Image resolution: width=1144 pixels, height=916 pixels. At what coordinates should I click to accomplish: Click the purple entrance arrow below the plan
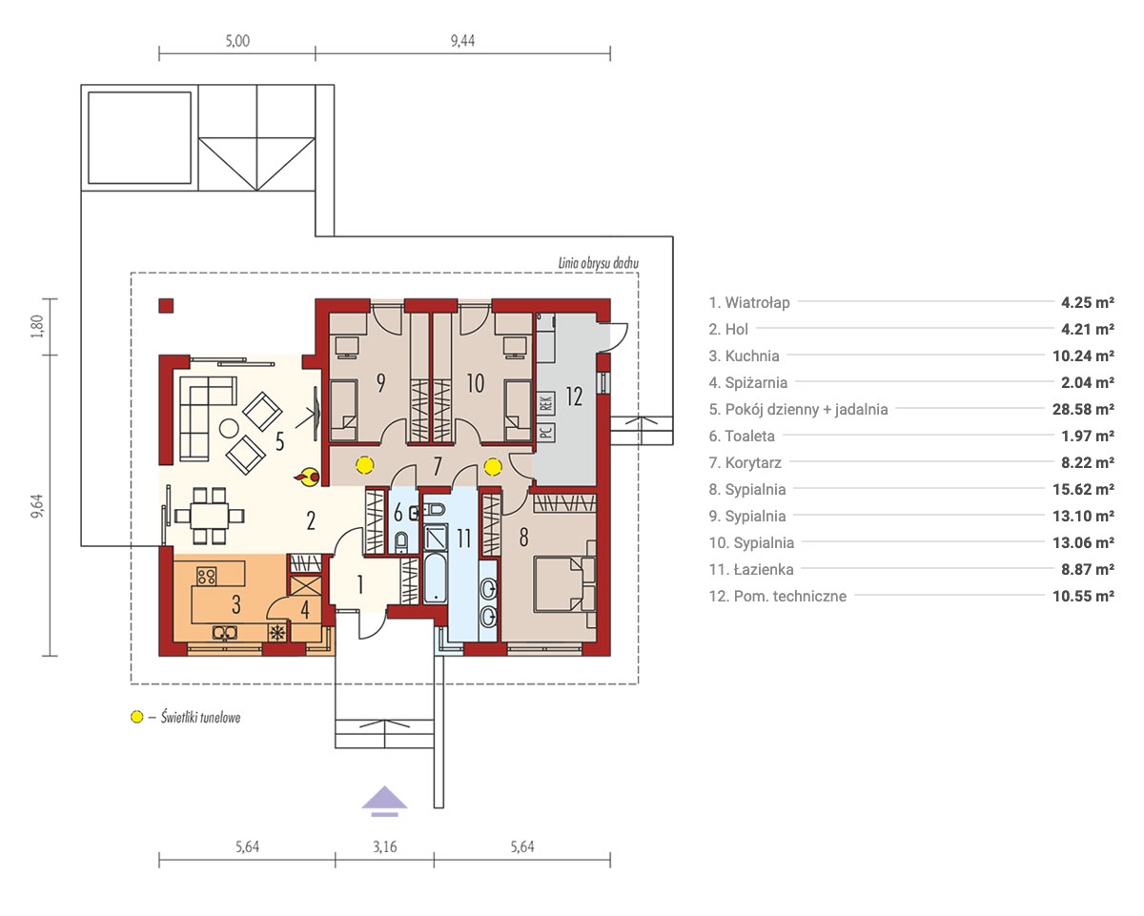384,800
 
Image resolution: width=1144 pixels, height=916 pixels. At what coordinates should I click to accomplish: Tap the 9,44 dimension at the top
462,40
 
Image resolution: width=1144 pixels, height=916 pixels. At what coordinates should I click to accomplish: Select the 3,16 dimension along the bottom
384,846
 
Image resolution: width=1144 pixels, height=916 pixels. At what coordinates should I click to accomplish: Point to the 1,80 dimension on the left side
36,327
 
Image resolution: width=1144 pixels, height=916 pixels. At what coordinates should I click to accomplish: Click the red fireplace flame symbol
307,477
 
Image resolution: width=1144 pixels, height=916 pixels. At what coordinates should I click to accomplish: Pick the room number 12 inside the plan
574,397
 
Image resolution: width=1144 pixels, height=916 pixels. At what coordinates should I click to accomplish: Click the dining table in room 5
210,515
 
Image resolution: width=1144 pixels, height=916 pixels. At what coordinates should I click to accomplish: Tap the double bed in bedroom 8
564,583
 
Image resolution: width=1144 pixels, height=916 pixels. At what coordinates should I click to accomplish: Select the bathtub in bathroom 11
436,578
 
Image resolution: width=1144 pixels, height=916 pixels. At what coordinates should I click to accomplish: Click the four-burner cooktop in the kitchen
206,576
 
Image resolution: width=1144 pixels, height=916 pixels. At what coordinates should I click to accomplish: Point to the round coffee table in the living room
229,428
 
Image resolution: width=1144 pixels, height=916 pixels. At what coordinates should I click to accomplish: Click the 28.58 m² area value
1083,409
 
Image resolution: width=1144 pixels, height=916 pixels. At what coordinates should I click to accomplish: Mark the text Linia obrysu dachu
598,263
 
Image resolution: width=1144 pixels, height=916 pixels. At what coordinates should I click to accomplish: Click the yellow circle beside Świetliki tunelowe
137,717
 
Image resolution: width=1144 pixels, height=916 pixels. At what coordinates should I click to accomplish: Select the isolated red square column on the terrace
166,306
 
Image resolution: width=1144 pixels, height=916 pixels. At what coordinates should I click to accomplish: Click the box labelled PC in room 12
546,432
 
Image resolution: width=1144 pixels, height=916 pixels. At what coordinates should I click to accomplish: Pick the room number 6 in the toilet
398,513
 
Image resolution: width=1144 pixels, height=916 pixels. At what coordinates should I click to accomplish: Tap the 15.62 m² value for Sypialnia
1083,489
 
